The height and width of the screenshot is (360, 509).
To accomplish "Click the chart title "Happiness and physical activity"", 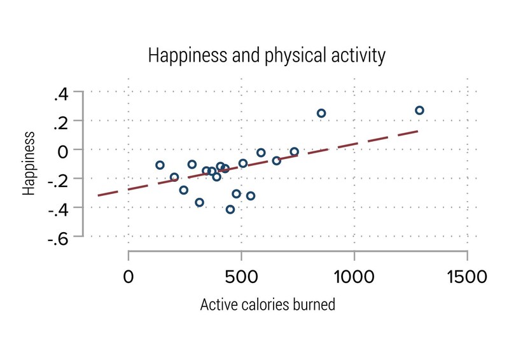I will (267, 55).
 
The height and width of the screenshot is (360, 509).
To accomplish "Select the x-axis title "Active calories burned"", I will (267, 305).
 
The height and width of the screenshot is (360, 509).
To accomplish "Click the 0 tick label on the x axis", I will (129, 277).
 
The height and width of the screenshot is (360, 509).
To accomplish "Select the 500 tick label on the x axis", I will (241, 277).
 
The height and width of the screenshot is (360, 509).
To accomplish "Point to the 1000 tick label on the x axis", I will (354, 277).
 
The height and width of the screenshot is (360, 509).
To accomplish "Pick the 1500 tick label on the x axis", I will (467, 277).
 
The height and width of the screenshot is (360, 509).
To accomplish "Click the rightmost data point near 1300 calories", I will (419, 111).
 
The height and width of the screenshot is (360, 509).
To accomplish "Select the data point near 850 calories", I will (321, 113).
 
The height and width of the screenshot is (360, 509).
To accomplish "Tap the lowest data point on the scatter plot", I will (230, 209).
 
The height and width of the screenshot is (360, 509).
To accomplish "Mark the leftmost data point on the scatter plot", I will (160, 165).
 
